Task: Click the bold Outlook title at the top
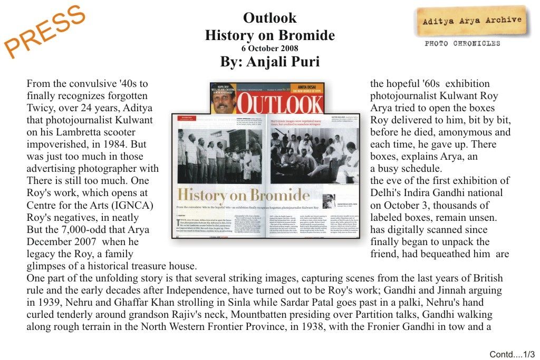269,18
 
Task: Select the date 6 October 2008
269,48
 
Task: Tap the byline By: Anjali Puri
269,62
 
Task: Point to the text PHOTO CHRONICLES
462,44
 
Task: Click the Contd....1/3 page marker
512,354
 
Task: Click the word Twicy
41,108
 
